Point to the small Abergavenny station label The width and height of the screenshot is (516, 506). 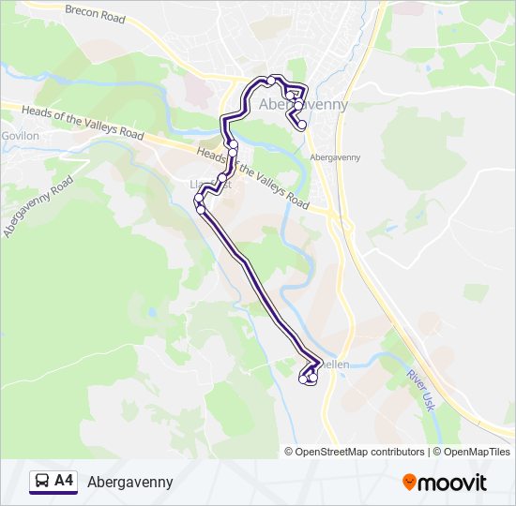pyautogui.click(x=335, y=157)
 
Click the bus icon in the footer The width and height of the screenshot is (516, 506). pyautogui.click(x=42, y=482)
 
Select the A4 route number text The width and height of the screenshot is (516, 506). pyautogui.click(x=64, y=482)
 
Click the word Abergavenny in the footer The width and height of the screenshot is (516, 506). pyautogui.click(x=130, y=482)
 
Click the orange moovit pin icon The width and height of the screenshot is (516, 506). pyautogui.click(x=409, y=483)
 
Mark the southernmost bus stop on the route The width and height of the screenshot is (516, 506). pyautogui.click(x=310, y=380)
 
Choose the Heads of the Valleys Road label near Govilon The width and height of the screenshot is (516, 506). pyautogui.click(x=83, y=122)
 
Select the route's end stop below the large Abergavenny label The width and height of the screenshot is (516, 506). pyautogui.click(x=302, y=125)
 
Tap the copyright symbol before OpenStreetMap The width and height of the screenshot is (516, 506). pyautogui.click(x=289, y=452)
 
